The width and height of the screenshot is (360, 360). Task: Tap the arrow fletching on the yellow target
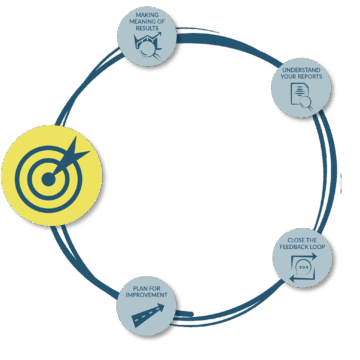tap(78, 150)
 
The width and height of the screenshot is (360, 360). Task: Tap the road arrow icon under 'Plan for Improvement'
tap(152, 317)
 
